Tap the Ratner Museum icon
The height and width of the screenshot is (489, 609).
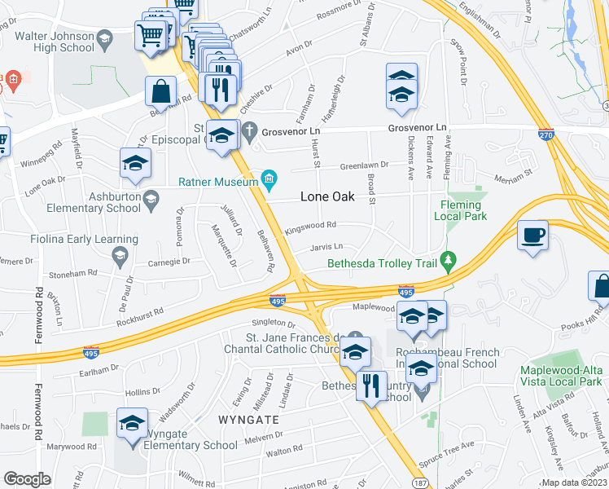click(x=268, y=178)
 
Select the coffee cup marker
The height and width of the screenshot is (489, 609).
click(x=532, y=236)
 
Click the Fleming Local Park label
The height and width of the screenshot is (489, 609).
click(x=464, y=210)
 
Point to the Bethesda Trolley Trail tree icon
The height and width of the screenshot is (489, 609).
click(x=447, y=261)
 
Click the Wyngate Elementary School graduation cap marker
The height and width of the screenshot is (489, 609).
click(x=132, y=424)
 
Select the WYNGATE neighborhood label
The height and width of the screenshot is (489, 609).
click(x=248, y=419)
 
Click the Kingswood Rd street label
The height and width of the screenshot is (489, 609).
click(x=310, y=227)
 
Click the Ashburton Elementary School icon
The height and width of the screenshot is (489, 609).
click(x=150, y=199)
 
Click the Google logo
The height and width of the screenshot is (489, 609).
click(x=27, y=479)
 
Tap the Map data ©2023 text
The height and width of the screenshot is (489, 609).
click(x=573, y=482)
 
